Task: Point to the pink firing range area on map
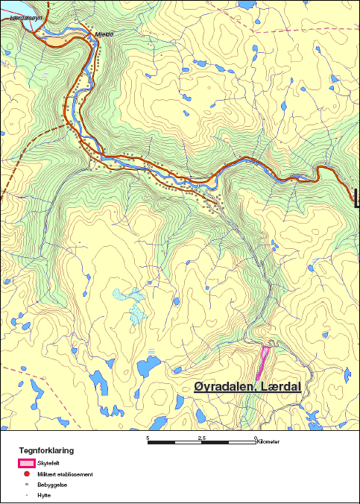pos(262,362)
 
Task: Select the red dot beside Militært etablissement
pos(26,473)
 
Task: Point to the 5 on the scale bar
pos(148,438)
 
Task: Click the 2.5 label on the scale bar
pos(202,438)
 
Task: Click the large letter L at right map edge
pos(355,195)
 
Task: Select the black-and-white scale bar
pos(202,443)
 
